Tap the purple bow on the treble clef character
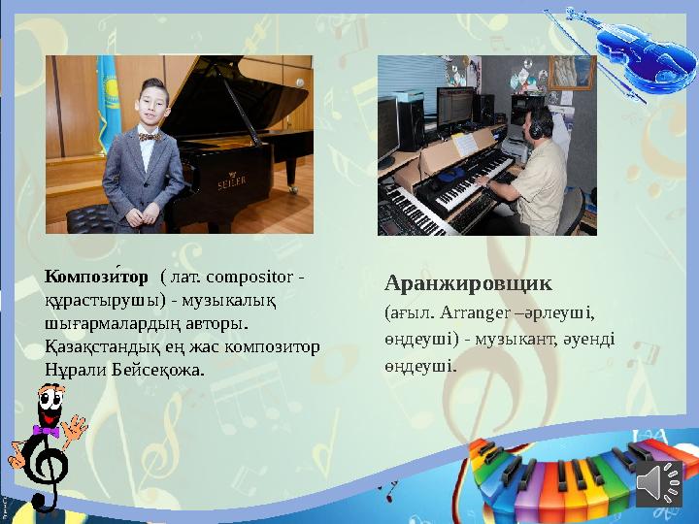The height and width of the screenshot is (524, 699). pyautogui.click(x=46, y=430)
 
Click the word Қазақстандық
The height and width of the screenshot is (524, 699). pyautogui.click(x=95, y=346)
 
